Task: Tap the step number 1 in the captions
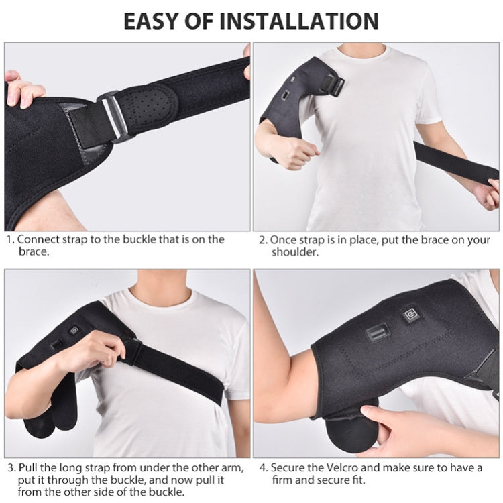10,239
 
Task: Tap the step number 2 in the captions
263,239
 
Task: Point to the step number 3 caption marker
10,467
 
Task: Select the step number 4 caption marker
263,467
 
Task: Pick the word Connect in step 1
38,239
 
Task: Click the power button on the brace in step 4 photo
408,315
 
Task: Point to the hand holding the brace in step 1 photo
23,91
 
